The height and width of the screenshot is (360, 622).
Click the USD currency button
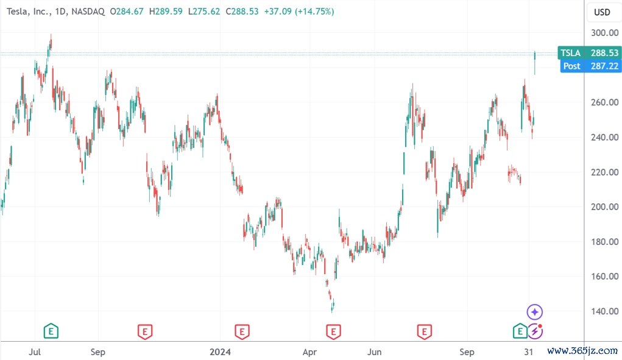coord(602,12)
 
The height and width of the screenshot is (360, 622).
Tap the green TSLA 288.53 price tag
coord(589,53)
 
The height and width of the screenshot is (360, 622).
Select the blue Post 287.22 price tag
coord(589,66)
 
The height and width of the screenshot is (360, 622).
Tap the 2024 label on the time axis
coord(220,351)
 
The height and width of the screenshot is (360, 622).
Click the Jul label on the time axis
coord(35,351)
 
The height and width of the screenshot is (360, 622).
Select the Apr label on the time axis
coord(310,351)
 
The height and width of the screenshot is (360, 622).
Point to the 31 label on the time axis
coord(530,351)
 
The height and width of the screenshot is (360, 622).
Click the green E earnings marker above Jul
coord(52,331)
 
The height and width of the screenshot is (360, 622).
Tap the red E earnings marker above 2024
coord(242,331)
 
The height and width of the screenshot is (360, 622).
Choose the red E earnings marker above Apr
coord(333,331)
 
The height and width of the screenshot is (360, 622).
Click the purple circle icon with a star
coord(534,312)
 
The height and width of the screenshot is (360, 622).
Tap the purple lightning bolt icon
coord(535,331)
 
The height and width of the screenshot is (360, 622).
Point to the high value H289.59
coord(165,11)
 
